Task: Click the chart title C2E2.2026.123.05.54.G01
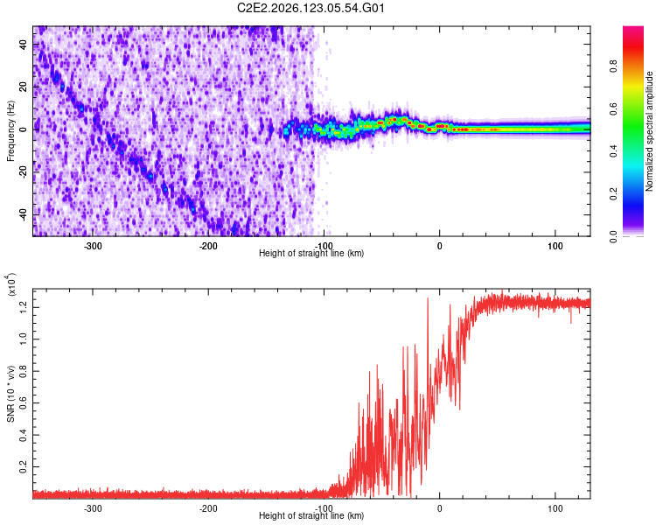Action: click(311, 8)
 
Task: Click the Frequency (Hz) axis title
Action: click(10, 131)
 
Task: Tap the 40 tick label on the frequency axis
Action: click(24, 45)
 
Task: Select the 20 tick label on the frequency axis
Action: click(24, 87)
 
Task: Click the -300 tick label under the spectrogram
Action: click(93, 246)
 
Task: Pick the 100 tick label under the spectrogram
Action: click(555, 246)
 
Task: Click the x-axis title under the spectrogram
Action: click(311, 253)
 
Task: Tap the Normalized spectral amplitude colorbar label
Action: click(649, 131)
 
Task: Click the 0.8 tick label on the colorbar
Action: click(613, 66)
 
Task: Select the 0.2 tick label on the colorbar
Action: click(613, 194)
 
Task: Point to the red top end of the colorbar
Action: click(633, 28)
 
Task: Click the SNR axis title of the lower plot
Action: click(10, 394)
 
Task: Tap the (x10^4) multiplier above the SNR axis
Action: click(10, 285)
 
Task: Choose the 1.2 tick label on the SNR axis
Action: click(24, 307)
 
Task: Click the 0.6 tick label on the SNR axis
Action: click(24, 403)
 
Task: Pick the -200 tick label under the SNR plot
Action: click(208, 508)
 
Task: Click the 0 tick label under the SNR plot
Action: click(439, 508)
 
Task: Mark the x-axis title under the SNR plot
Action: click(311, 515)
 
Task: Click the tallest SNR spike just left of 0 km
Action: click(428, 298)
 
